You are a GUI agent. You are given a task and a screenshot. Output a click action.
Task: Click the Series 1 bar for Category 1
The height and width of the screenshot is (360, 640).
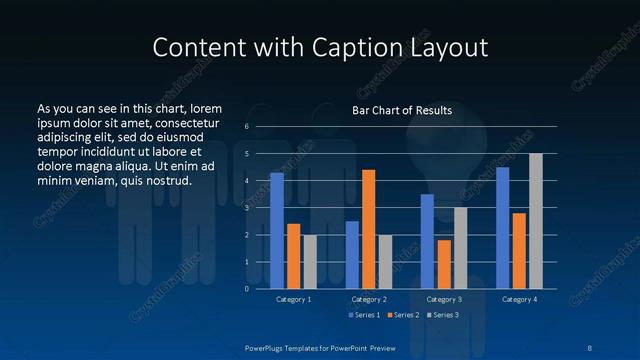277,231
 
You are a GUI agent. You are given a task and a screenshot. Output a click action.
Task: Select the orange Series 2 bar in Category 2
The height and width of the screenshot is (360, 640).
369,229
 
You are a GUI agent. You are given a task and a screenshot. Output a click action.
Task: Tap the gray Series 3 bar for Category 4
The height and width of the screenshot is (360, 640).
536,221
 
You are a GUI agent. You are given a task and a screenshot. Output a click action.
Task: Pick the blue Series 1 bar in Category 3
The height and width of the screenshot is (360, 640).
427,241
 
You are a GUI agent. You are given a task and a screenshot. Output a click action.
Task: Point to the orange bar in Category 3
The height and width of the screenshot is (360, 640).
444,264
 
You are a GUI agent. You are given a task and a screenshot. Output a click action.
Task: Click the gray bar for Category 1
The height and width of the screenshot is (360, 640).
310,261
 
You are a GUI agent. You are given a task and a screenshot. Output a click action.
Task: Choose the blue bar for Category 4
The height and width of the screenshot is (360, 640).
502,228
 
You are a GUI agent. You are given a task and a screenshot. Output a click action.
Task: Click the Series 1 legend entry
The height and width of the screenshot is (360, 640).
364,315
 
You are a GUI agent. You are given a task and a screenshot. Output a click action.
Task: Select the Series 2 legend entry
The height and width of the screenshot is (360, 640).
402,315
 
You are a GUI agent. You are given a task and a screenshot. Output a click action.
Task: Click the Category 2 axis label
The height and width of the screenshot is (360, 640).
369,299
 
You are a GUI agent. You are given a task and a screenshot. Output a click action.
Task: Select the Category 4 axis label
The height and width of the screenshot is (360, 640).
519,299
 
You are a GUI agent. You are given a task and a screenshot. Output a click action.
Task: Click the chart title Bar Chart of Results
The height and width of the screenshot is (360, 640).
402,110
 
